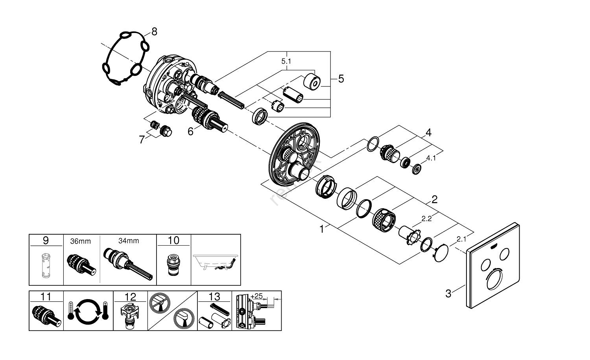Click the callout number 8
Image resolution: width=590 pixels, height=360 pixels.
click(154, 31)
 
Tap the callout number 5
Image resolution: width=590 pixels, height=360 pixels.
click(341, 79)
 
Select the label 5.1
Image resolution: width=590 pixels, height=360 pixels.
click(287, 61)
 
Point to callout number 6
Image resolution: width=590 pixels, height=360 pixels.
click(190, 131)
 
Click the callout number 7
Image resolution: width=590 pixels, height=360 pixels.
click(142, 140)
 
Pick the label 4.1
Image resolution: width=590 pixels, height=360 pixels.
click(431, 158)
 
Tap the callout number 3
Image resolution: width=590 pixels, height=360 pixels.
click(448, 293)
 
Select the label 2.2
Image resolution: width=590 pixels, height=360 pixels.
click(426, 219)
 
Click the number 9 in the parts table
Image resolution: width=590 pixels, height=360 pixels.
click(46, 240)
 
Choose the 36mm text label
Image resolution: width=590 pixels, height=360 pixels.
click(81, 241)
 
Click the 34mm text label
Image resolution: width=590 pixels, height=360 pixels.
click(129, 241)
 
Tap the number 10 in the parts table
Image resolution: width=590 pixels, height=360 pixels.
click(173, 240)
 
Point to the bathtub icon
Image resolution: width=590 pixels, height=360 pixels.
click(216, 263)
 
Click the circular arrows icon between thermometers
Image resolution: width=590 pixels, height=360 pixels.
click(88, 310)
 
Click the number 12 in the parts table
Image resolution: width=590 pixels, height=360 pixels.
click(130, 296)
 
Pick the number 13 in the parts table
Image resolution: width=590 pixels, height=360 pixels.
click(214, 296)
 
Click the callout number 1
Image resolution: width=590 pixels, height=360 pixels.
click(322, 229)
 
